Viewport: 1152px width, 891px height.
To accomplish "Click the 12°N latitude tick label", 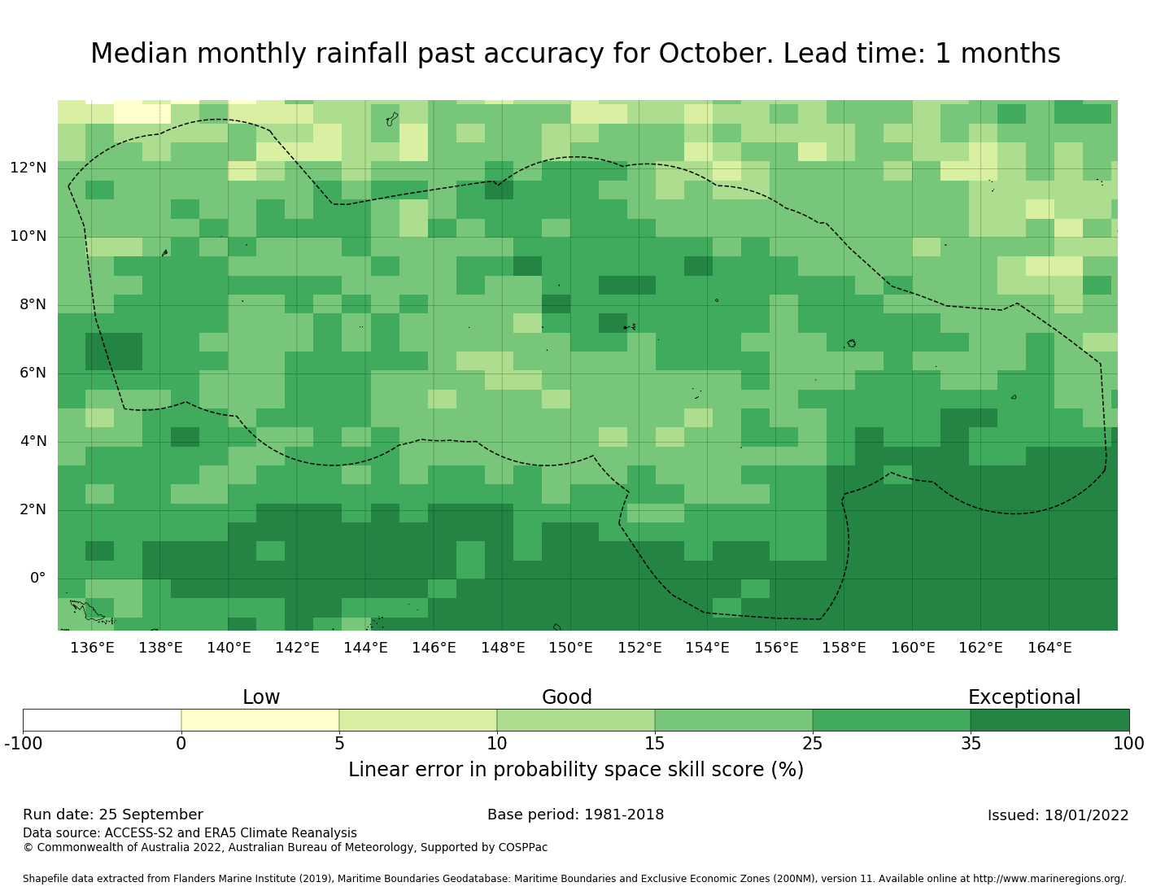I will [x=28, y=168].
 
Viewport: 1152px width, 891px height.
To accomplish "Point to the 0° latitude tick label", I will [x=38, y=579].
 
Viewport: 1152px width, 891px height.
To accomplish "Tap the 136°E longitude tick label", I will [x=92, y=649].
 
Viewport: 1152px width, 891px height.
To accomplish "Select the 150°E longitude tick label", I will [x=570, y=649].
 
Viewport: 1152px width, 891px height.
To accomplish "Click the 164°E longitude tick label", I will [x=1049, y=649].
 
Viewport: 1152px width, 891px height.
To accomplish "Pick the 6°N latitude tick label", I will [x=33, y=373].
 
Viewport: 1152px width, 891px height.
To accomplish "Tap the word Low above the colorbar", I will [x=261, y=697].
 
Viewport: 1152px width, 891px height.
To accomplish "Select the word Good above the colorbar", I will [x=567, y=697].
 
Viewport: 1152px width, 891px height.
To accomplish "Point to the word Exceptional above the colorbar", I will [x=1023, y=697].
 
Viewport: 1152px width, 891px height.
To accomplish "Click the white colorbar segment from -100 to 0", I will [x=102, y=720].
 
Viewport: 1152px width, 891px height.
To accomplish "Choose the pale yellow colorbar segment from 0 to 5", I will [x=260, y=720].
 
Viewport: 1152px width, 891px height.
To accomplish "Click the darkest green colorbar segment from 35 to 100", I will [x=1049, y=720].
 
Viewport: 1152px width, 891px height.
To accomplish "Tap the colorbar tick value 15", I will [x=655, y=744].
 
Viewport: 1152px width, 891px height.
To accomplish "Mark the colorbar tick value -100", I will [x=23, y=744].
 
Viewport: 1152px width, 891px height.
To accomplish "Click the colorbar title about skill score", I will [x=576, y=770].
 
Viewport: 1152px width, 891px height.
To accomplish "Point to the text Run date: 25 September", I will [x=113, y=815].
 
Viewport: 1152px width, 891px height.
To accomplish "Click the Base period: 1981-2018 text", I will [x=575, y=815].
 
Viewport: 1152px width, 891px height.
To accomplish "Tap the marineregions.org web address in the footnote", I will [x=1049, y=880].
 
